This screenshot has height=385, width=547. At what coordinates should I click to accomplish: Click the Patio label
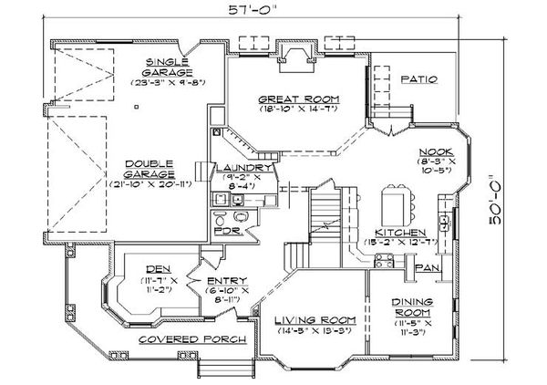click(x=419, y=79)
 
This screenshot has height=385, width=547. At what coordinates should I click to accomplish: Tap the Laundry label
click(x=242, y=169)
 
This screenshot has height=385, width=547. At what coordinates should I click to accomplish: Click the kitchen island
click(x=395, y=200)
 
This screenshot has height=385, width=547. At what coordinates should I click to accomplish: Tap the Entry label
click(x=223, y=281)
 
